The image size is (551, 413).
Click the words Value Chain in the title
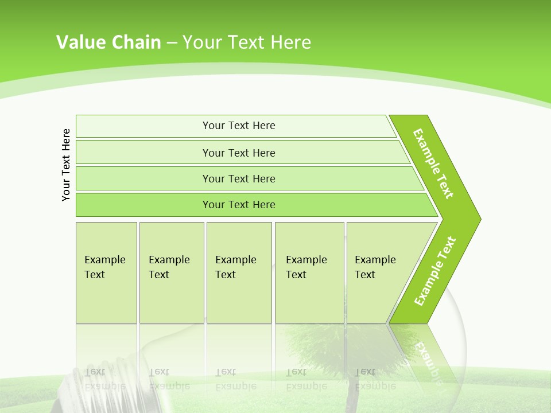point(108,42)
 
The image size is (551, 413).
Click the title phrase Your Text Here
point(247,42)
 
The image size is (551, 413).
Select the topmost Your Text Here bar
point(239,126)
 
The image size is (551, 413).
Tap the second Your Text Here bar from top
point(239,153)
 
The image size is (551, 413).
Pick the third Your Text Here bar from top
point(239,178)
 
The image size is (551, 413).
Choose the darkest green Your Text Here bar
point(239,205)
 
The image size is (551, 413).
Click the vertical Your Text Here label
point(67,165)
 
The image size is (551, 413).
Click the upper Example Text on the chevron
point(433,163)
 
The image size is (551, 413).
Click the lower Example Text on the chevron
point(435,271)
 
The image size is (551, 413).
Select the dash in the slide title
point(172,43)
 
